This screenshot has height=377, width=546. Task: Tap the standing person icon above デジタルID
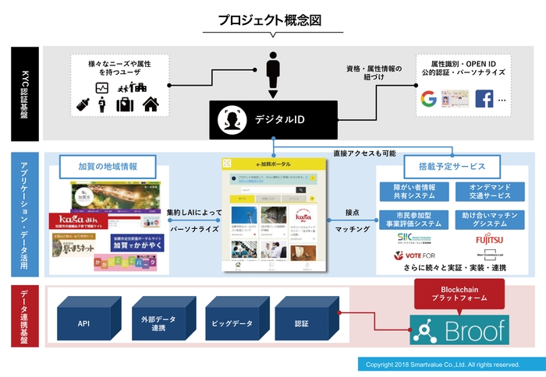click(x=273, y=72)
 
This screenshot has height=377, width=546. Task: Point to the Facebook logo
click(x=484, y=99)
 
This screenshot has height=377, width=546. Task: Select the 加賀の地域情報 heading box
click(x=108, y=167)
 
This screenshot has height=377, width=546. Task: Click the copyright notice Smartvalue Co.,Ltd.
click(x=442, y=364)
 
